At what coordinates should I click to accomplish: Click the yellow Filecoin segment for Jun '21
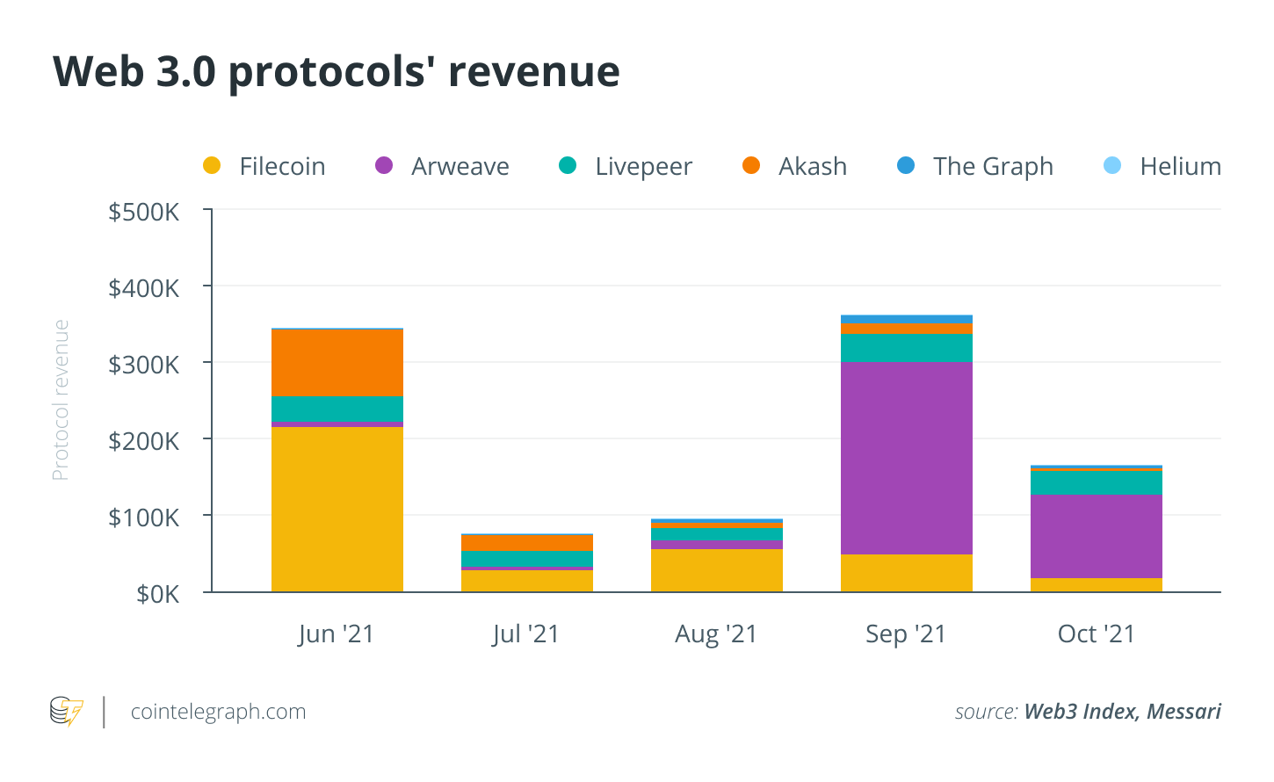[337, 509]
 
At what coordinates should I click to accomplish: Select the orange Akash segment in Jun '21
[337, 363]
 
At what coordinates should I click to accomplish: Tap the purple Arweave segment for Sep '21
[907, 458]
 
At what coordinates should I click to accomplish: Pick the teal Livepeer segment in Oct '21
[1096, 483]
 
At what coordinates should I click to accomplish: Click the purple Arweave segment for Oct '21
[1096, 536]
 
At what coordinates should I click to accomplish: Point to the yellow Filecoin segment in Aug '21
[717, 570]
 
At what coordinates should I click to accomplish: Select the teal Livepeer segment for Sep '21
[907, 348]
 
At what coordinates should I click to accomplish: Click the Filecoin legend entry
[264, 166]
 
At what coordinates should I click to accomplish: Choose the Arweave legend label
[460, 166]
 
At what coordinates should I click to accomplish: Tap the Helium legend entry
[1162, 166]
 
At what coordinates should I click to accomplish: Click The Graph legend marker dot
[906, 165]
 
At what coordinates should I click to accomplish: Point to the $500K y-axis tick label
[144, 212]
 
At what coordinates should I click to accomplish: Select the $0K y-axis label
[157, 594]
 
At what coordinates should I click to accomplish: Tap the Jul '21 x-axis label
[526, 634]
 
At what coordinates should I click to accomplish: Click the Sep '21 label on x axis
[906, 634]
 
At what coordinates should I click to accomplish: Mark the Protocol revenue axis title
[61, 401]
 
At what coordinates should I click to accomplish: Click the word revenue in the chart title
[534, 72]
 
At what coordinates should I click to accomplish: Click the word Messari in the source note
[1184, 712]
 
